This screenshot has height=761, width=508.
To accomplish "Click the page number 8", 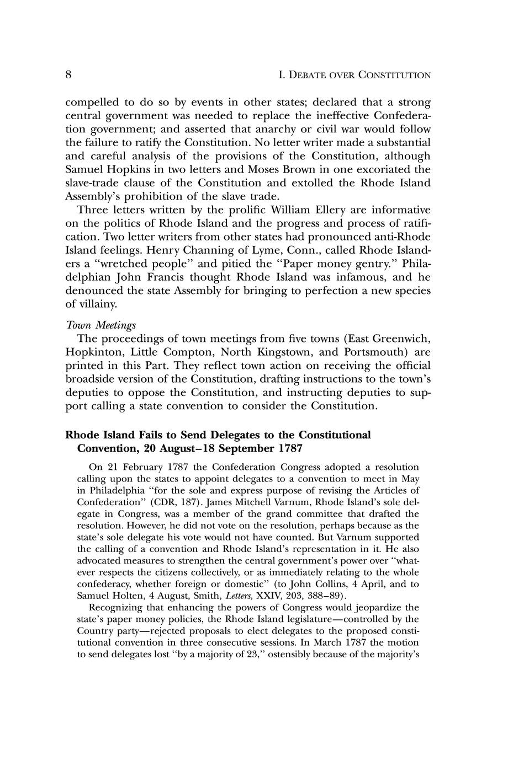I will coord(68,75).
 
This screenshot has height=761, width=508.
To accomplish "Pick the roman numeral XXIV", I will coord(255,596).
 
